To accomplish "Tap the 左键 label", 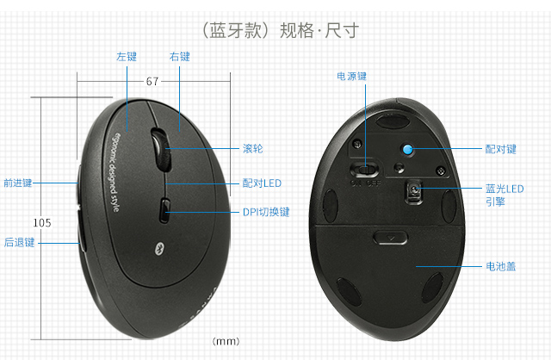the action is click(x=127, y=57).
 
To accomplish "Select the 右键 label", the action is click(x=180, y=57).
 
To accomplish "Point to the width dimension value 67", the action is click(x=152, y=82).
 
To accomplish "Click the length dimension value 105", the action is click(x=41, y=222).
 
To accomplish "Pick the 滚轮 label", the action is click(x=253, y=148).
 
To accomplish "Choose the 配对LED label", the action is click(x=262, y=183).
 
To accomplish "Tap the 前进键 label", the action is click(x=18, y=183).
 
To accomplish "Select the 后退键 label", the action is click(x=18, y=242).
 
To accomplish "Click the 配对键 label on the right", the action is click(x=500, y=148).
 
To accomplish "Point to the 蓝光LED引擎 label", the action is click(x=505, y=195).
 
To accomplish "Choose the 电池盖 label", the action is click(x=500, y=266).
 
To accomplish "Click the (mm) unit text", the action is click(x=225, y=341).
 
